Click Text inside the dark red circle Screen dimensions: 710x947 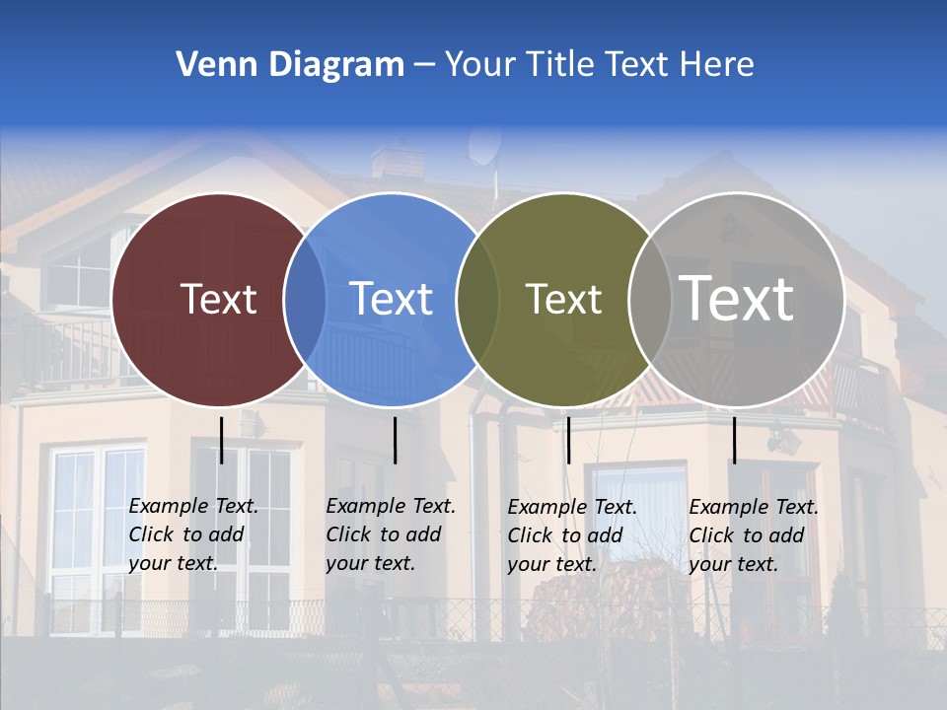(218, 299)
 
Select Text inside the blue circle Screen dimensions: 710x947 (391, 299)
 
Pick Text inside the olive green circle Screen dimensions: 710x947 (563, 299)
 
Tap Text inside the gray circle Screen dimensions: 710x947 (736, 299)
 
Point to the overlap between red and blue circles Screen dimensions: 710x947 (305, 299)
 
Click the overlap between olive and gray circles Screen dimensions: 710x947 (648, 299)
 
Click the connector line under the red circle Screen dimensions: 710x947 (222, 440)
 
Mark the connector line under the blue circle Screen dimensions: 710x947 (395, 440)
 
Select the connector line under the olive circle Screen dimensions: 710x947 (568, 440)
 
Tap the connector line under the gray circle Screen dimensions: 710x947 (734, 440)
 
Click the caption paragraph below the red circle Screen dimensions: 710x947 (193, 534)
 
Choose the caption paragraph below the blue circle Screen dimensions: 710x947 (391, 534)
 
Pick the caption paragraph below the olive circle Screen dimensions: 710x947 (572, 535)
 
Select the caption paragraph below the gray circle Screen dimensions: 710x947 (754, 535)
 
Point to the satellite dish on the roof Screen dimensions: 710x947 (483, 147)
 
